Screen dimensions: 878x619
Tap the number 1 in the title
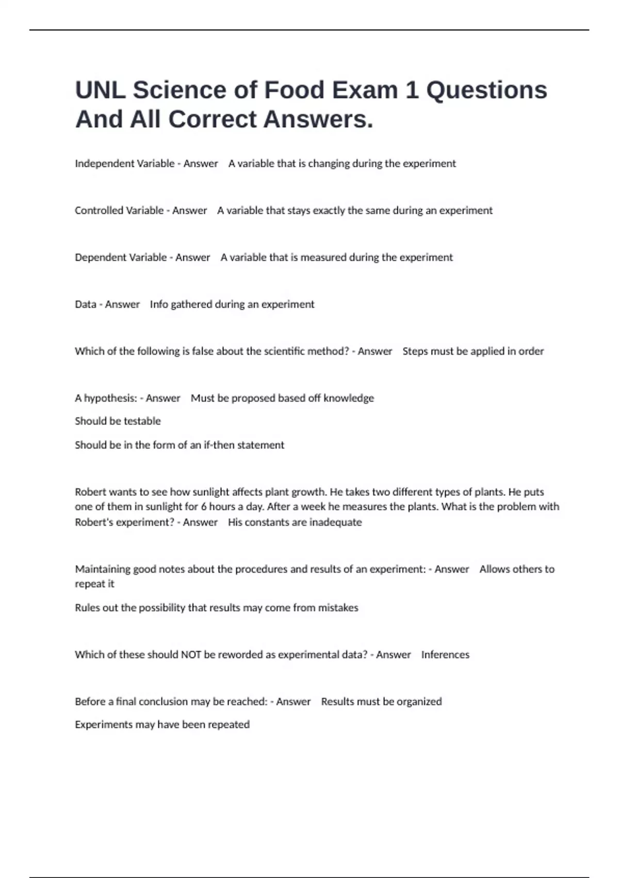(412, 90)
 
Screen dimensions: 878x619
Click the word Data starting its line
(85, 305)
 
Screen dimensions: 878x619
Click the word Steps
(415, 351)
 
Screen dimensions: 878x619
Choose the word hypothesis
(110, 398)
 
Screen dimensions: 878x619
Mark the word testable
(142, 421)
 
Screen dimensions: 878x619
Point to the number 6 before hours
(204, 507)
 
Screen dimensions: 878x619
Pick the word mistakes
(338, 608)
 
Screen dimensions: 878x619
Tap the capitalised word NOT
(191, 655)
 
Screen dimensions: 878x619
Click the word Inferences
(445, 655)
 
